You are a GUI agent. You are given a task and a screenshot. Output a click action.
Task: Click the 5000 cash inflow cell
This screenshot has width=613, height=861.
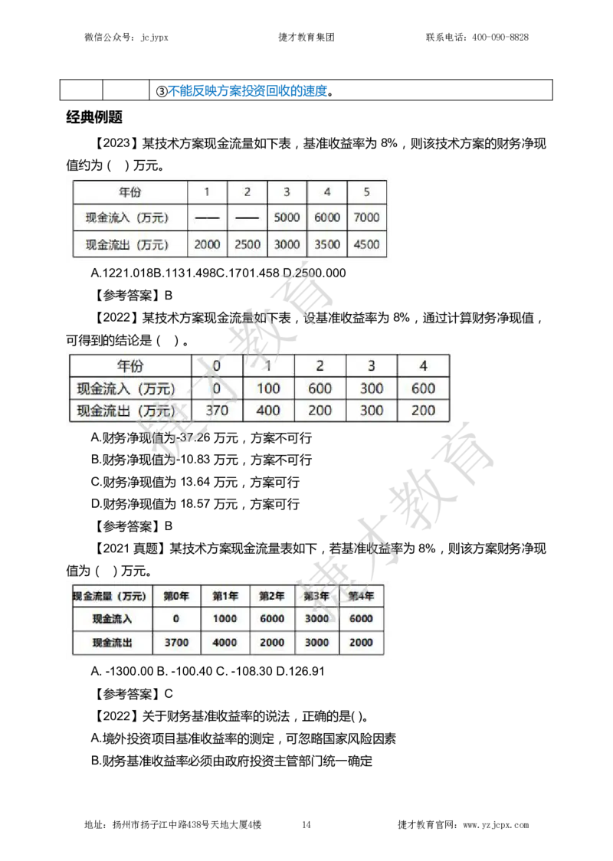click(x=287, y=218)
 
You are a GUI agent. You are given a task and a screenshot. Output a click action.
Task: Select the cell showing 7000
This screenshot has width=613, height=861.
click(x=366, y=218)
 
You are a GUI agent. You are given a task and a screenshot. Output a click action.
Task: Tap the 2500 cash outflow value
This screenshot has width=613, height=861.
click(x=247, y=245)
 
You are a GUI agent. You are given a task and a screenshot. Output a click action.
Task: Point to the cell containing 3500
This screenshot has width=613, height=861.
click(x=327, y=245)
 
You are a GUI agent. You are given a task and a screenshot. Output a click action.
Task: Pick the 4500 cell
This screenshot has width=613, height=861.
click(x=366, y=245)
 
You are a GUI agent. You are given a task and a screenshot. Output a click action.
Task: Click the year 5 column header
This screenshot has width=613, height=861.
click(x=366, y=192)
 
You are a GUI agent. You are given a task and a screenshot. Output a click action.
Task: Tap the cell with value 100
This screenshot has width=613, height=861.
click(x=268, y=388)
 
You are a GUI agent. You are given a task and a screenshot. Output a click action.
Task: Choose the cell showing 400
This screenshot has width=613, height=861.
click(x=268, y=411)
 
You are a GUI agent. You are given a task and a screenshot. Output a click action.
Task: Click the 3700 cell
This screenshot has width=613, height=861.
click(x=176, y=643)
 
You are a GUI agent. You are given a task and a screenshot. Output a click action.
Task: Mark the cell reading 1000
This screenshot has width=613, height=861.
click(x=225, y=619)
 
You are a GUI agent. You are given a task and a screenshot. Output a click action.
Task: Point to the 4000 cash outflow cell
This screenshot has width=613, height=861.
click(x=225, y=643)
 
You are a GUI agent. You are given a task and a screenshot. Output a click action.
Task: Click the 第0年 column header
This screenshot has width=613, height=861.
click(x=176, y=596)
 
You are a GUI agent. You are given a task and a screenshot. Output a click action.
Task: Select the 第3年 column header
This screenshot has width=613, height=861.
click(x=316, y=596)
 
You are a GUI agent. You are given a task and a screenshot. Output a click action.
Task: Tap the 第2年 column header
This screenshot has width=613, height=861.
click(x=271, y=596)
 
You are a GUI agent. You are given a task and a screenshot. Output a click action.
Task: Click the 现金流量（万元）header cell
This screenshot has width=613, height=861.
click(x=108, y=596)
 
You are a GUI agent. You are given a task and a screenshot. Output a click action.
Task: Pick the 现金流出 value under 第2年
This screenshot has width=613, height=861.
click(x=271, y=643)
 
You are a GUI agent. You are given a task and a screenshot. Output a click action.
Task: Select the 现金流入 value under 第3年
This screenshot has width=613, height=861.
click(x=316, y=619)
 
